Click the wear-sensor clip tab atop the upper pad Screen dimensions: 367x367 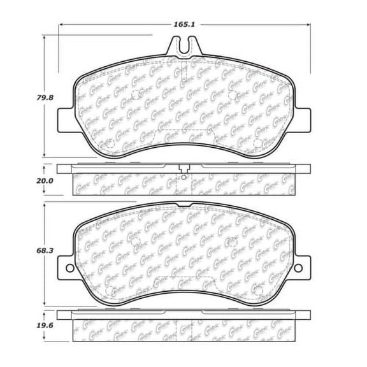pyautogui.click(x=183, y=46)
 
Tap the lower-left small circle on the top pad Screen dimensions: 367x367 pyautogui.click(x=108, y=143)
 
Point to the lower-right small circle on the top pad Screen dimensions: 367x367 pyautogui.click(x=257, y=143)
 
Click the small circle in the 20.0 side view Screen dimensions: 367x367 pyautogui.click(x=183, y=179)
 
